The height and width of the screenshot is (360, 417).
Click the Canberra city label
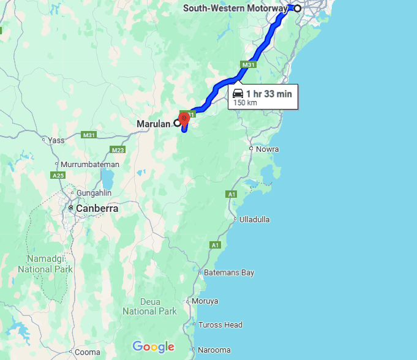[x=97, y=208]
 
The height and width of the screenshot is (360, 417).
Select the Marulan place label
[x=153, y=124]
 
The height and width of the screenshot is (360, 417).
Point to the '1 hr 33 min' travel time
[x=269, y=93]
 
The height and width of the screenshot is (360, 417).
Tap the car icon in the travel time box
[x=238, y=93]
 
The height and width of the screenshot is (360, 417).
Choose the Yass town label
[x=56, y=140]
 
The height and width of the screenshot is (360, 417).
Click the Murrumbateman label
[x=89, y=165]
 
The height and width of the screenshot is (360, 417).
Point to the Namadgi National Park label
[x=45, y=263]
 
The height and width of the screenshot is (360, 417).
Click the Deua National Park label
[x=149, y=306]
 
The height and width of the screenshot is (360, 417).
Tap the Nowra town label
[x=268, y=149]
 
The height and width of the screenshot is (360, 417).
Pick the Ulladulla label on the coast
[x=254, y=219]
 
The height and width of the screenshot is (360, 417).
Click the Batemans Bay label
[x=229, y=272]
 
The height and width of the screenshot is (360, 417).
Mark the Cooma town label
[x=88, y=352]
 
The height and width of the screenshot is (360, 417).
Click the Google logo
[x=153, y=347]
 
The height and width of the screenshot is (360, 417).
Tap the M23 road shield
[x=118, y=150]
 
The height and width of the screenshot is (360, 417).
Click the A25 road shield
[x=58, y=175]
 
